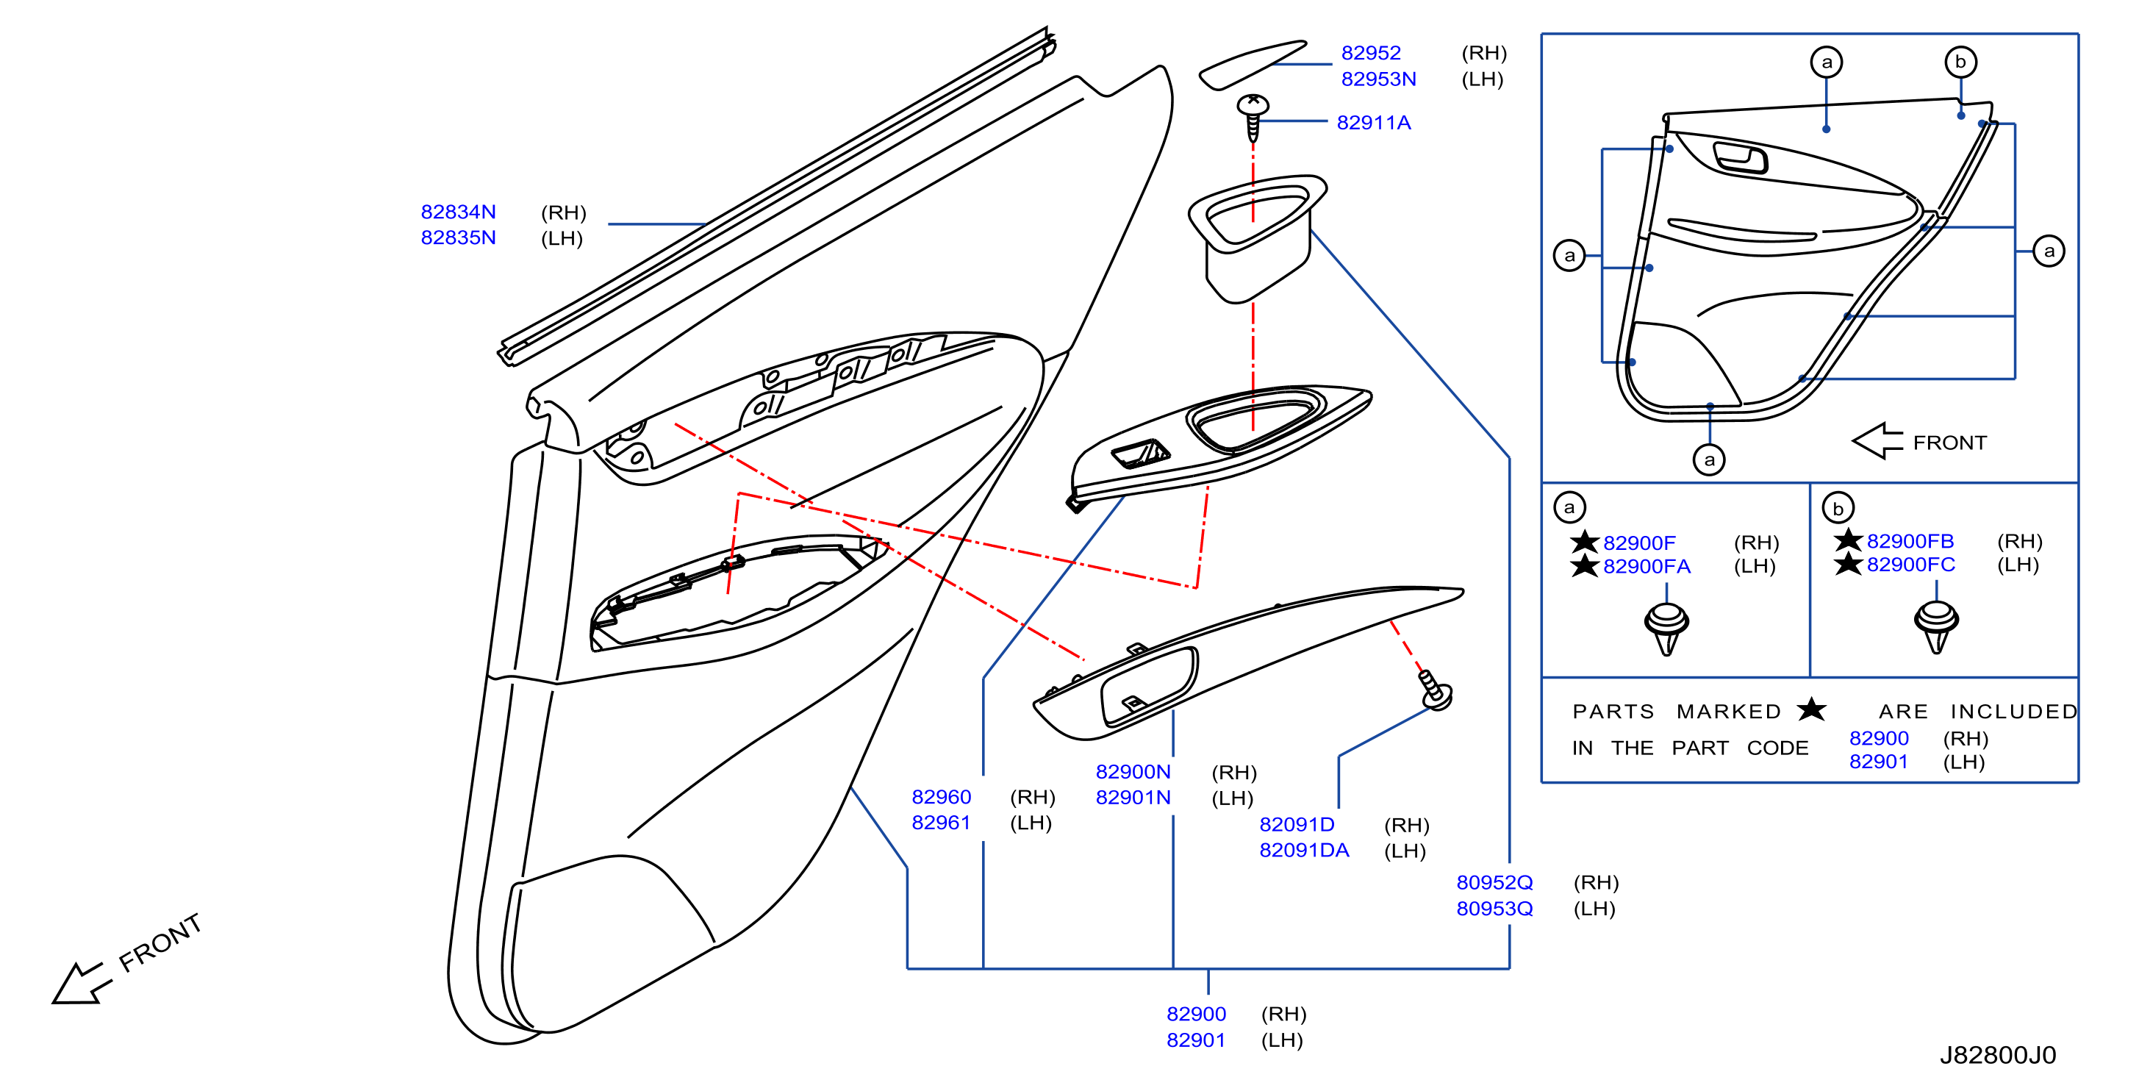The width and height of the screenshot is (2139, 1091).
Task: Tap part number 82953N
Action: click(1378, 79)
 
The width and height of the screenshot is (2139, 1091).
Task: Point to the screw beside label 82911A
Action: click(1253, 117)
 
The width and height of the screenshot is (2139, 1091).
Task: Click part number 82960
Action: click(941, 797)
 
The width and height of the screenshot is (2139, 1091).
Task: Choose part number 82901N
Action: click(1133, 797)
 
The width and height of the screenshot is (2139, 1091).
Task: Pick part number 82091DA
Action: click(1304, 850)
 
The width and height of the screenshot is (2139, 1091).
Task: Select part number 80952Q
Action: click(1494, 883)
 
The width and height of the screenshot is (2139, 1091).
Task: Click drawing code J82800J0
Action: click(1997, 1055)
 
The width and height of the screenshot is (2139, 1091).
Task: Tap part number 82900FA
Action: click(1646, 566)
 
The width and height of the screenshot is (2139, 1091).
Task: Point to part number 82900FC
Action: click(1910, 565)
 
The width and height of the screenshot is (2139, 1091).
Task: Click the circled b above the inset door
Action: click(1960, 62)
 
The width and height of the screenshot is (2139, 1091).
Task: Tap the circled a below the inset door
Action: click(1709, 459)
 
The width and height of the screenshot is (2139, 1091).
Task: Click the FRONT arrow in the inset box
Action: click(1877, 441)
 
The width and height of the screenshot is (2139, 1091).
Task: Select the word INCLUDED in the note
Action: click(2013, 712)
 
